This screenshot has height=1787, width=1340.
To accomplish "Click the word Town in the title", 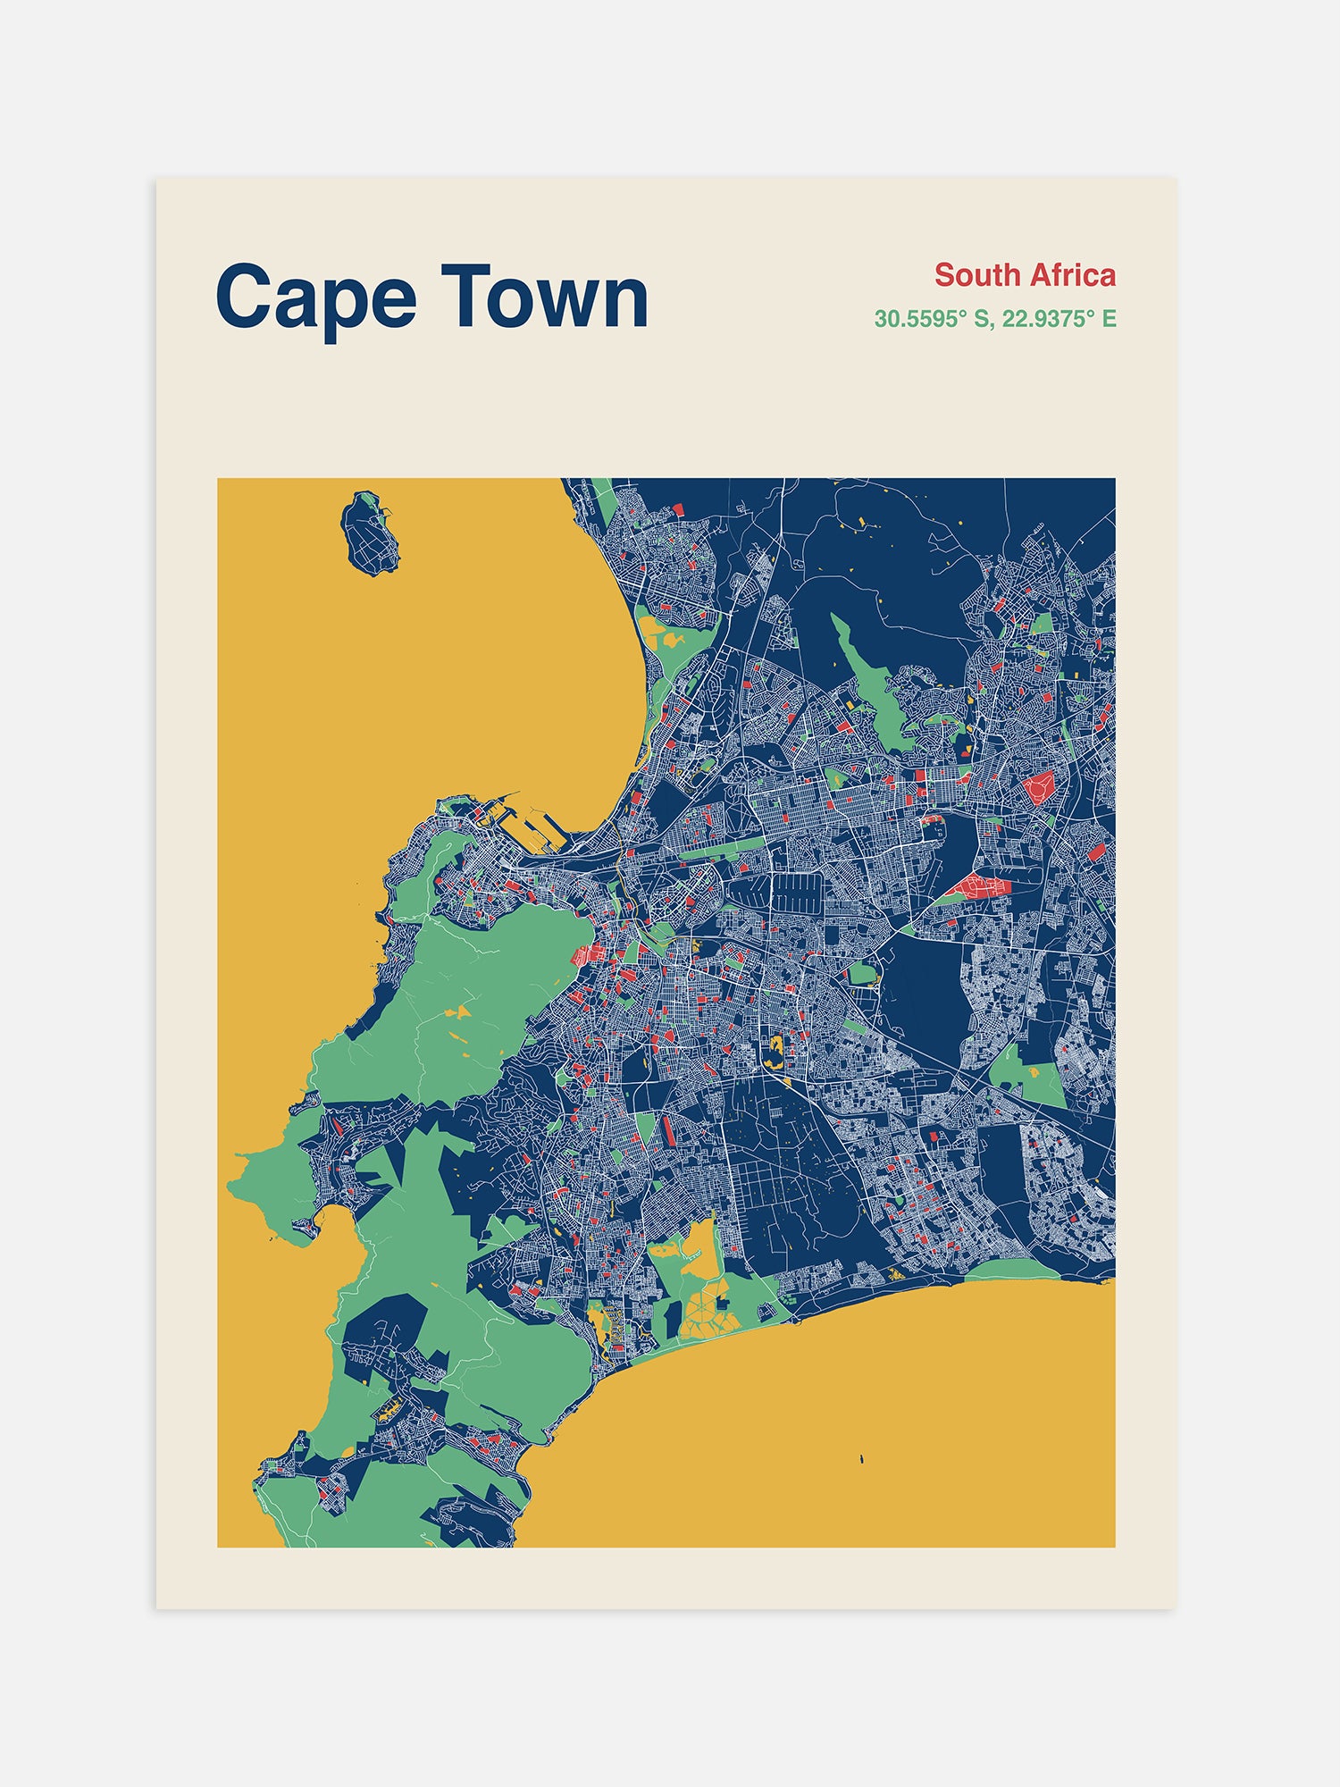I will [544, 297].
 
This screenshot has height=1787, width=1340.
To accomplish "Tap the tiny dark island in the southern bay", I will [861, 1460].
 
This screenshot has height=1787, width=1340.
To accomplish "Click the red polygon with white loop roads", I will [1039, 788].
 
